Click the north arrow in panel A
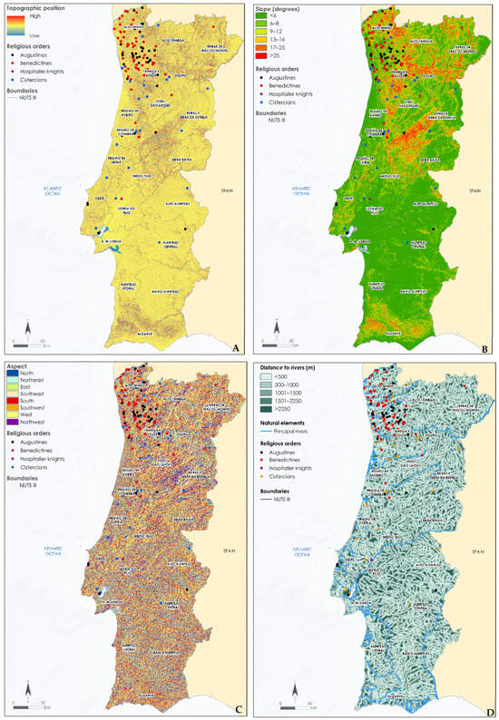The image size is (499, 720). pos(27,326)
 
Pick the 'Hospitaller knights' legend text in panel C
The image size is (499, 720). pos(44,462)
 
